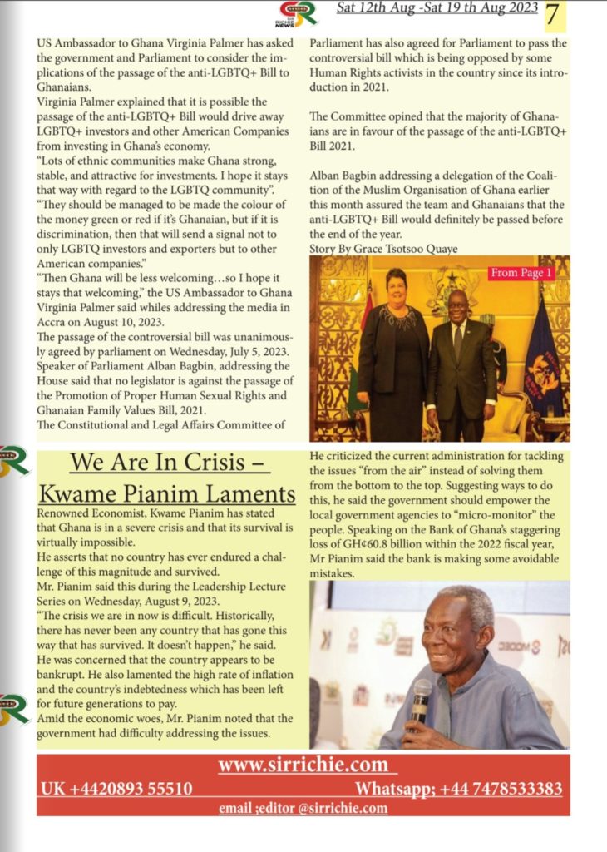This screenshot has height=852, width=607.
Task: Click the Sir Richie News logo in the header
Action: (298, 13)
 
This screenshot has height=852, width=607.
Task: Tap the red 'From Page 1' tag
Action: (521, 273)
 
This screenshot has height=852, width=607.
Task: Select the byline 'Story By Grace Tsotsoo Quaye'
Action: (383, 248)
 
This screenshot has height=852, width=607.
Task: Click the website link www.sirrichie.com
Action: (302, 765)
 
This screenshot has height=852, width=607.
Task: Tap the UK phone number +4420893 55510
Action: (116, 789)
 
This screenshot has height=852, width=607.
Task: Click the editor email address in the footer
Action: (303, 808)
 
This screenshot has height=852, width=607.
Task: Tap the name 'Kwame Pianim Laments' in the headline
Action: (167, 494)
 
